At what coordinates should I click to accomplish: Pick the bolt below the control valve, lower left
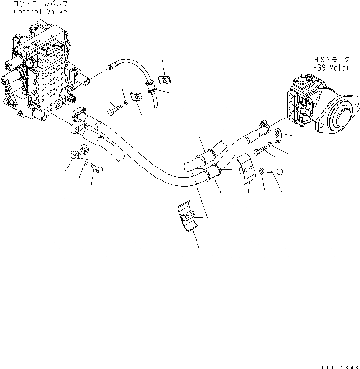click(x=96, y=168)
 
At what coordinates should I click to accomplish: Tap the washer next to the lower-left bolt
click(x=85, y=164)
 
